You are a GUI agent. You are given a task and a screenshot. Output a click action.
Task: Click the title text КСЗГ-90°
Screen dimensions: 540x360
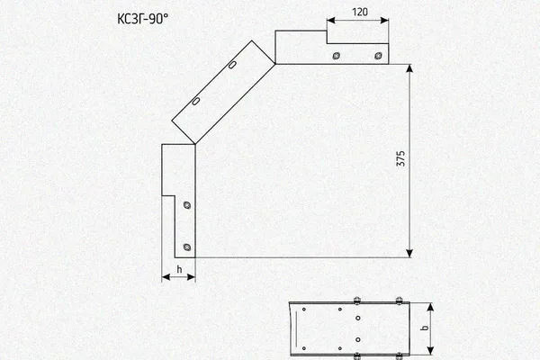[142, 19]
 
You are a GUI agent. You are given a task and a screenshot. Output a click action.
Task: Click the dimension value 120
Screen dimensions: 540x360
[359, 12]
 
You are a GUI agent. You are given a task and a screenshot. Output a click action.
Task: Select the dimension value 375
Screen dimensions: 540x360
[400, 158]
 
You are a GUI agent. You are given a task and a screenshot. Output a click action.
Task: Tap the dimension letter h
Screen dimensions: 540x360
[179, 269]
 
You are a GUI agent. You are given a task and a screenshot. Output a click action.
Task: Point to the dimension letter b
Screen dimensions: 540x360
[426, 327]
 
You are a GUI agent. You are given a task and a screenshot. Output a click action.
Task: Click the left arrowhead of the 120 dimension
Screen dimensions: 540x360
[331, 21]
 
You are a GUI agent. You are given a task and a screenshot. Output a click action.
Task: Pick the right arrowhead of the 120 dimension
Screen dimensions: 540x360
[384, 21]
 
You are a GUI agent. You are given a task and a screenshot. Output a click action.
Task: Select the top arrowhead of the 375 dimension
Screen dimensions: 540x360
[409, 68]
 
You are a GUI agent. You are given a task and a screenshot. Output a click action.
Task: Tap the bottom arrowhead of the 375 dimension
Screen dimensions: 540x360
[409, 253]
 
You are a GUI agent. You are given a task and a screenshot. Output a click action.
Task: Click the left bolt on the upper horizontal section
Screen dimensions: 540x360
[336, 56]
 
